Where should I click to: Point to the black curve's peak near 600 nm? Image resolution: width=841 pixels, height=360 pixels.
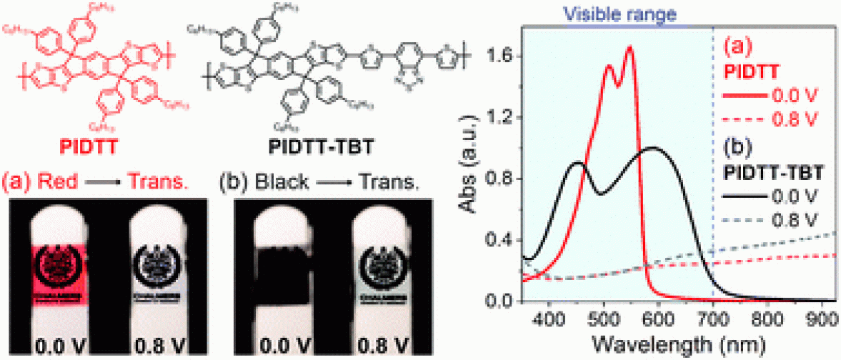[652, 148]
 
